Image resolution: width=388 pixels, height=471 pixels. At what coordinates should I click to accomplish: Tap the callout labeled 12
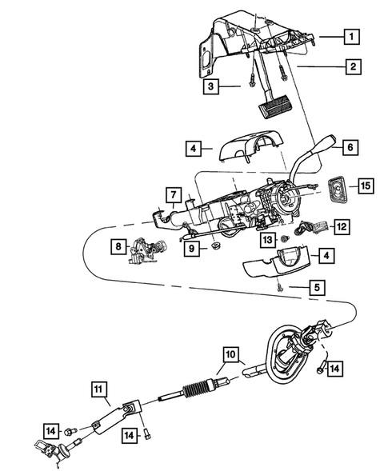click(x=341, y=227)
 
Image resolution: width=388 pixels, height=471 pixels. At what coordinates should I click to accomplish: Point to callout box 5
click(x=318, y=285)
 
